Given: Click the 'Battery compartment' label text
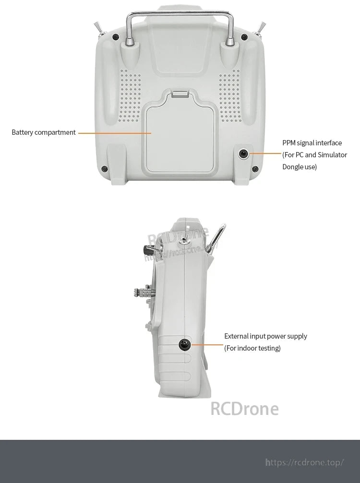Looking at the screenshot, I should (44, 132).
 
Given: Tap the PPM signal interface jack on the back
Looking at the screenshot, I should (244, 154).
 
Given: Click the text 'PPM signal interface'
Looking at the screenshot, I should (312, 143).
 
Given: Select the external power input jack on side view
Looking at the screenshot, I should (183, 343).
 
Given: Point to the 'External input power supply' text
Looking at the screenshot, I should (265, 336).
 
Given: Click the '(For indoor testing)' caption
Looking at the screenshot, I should (252, 348).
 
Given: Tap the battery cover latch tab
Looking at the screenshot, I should (180, 94).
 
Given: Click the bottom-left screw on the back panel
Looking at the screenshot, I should (105, 168).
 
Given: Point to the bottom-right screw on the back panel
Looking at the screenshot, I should (255, 168).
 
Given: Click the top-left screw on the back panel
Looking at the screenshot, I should (116, 36).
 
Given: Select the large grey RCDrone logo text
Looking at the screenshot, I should (244, 409).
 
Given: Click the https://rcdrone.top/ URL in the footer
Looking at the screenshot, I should (305, 462).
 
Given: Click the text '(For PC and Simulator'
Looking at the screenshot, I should (314, 155).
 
